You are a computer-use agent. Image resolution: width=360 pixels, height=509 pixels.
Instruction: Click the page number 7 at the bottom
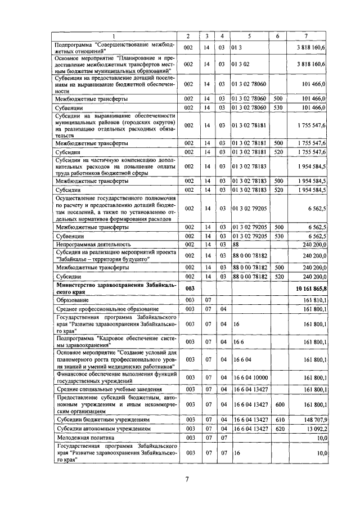point(186,479)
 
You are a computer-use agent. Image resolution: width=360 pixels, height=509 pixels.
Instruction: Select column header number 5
point(249,36)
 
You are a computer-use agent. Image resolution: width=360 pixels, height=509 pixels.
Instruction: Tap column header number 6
point(277,36)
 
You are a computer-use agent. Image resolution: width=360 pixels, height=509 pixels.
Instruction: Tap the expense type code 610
point(278,420)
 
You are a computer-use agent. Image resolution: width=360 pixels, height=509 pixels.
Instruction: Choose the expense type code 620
point(278,428)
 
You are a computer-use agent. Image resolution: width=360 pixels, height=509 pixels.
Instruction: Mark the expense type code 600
point(278,404)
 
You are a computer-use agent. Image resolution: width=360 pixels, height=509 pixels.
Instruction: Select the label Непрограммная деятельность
point(93,244)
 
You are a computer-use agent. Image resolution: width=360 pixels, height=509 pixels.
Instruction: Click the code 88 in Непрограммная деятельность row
point(236,244)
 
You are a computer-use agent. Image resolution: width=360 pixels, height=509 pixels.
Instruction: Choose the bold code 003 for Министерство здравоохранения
point(190,289)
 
